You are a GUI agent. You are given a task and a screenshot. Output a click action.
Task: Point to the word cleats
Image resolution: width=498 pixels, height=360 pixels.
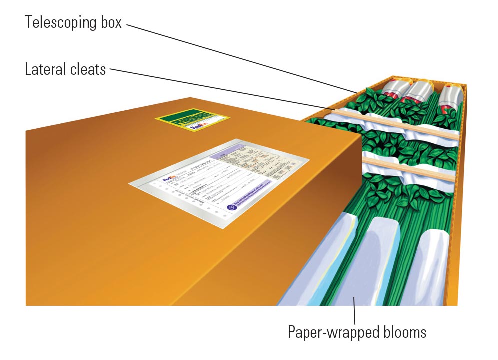[89, 69]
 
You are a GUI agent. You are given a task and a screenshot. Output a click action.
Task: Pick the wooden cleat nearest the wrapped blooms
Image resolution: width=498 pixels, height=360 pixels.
[410, 167]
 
